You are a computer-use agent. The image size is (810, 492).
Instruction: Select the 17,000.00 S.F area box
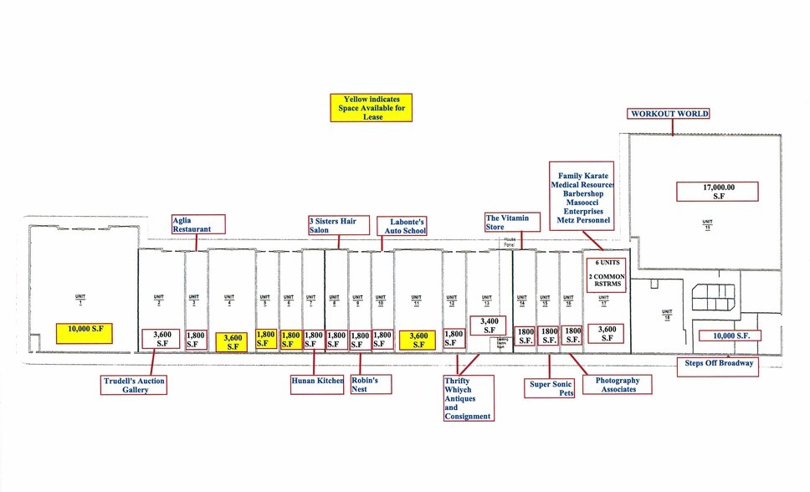pyautogui.click(x=717, y=192)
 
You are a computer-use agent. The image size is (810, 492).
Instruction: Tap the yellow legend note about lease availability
pyautogui.click(x=372, y=108)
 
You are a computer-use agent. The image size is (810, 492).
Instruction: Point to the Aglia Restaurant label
pyautogui.click(x=199, y=224)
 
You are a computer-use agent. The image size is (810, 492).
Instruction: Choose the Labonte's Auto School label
pyautogui.click(x=402, y=226)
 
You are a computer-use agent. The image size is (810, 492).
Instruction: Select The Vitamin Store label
pyautogui.click(x=506, y=223)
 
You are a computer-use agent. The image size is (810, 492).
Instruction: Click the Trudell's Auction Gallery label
pyautogui.click(x=135, y=385)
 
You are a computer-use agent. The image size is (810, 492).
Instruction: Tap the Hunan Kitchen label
pyautogui.click(x=317, y=381)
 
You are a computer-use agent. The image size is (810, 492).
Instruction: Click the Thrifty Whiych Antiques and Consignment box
pyautogui.click(x=468, y=397)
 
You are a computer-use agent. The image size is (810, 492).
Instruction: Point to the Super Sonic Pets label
pyautogui.click(x=551, y=387)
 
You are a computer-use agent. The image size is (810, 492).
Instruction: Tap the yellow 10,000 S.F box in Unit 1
pyautogui.click(x=84, y=333)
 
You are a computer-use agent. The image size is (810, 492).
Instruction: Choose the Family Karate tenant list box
pyautogui.click(x=582, y=196)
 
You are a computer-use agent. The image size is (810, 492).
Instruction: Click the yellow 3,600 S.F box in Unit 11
pyautogui.click(x=416, y=340)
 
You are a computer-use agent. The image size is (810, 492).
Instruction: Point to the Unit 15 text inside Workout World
pyautogui.click(x=707, y=224)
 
